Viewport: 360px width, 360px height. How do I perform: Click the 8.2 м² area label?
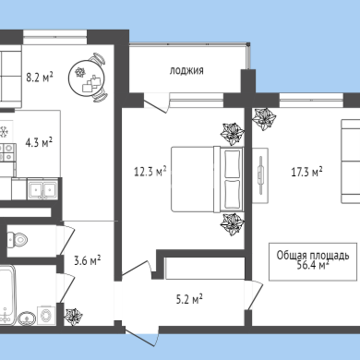click(x=40, y=77)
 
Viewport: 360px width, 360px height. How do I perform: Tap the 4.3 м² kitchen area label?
click(x=39, y=142)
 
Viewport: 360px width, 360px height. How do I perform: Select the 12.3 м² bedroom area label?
click(x=150, y=172)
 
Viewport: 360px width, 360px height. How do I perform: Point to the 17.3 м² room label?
click(x=306, y=172)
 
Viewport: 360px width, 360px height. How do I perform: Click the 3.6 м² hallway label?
click(x=88, y=261)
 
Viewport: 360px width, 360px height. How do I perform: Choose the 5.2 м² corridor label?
click(x=189, y=299)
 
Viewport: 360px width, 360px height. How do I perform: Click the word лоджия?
click(x=186, y=71)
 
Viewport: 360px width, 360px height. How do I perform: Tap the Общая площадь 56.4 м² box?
click(x=313, y=262)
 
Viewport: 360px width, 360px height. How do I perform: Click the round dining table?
click(x=86, y=77)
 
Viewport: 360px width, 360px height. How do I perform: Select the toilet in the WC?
click(x=18, y=239)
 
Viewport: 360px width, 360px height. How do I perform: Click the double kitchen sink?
click(x=42, y=189)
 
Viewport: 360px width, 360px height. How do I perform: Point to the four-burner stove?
click(x=6, y=152)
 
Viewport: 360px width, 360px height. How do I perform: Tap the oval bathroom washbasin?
click(x=27, y=318)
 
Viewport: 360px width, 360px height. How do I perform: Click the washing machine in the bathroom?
click(x=46, y=316)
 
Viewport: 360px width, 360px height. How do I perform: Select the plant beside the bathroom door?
click(x=74, y=317)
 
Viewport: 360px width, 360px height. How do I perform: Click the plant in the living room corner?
click(x=264, y=118)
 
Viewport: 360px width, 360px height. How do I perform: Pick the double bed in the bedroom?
click(x=208, y=179)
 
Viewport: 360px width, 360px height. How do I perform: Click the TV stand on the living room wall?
click(x=260, y=175)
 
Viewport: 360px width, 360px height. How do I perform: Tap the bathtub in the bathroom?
click(x=6, y=295)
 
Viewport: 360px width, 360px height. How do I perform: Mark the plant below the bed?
click(x=233, y=224)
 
